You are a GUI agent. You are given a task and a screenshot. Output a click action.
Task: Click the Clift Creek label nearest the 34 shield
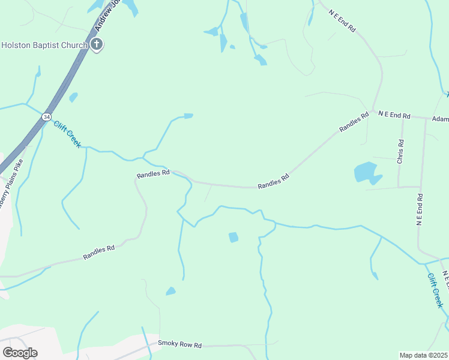pos(67,134)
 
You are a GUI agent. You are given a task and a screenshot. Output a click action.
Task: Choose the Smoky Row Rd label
pos(179,344)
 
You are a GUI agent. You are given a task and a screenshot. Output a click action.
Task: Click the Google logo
pos(20,353)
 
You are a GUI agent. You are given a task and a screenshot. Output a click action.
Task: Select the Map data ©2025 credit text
pos(423,355)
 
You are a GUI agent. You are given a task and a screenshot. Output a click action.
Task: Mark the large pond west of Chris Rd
pos(367,173)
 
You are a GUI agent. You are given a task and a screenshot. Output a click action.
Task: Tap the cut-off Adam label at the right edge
pos(440,119)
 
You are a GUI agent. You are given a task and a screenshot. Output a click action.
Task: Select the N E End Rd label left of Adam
pos(394,115)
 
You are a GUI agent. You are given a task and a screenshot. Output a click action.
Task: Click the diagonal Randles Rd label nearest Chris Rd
pos(354,122)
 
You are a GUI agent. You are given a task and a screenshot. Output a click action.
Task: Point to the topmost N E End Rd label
pos(343,20)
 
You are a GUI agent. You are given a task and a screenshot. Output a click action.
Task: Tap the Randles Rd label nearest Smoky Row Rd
pos(99,253)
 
